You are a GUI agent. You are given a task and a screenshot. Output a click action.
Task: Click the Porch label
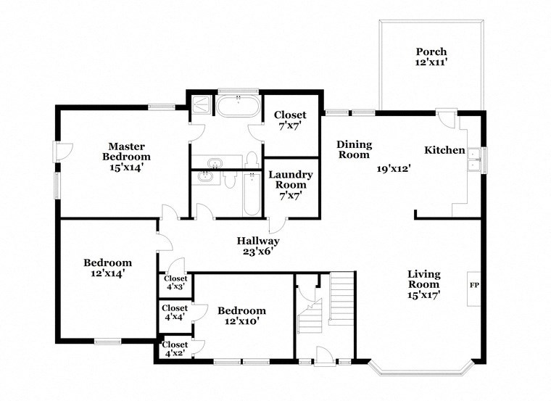[431, 57]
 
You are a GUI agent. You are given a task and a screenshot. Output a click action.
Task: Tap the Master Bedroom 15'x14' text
[126, 156]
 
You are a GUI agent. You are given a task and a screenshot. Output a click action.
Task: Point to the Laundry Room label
[291, 184]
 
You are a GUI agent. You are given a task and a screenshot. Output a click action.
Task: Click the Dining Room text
[353, 149]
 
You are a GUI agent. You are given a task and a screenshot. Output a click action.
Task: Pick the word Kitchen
[444, 150]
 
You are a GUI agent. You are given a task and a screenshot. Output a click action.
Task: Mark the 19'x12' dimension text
[394, 169]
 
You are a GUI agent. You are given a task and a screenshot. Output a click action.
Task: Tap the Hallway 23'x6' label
[258, 247]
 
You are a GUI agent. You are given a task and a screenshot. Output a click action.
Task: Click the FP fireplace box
[475, 284]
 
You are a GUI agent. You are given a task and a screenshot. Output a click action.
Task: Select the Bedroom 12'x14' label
[107, 268]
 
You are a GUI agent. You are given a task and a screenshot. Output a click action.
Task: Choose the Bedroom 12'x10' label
[241, 315]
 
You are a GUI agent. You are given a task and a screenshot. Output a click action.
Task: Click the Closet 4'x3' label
[175, 282]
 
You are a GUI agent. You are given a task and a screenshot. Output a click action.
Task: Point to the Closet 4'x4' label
[175, 313]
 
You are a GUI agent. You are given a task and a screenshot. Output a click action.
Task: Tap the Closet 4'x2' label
[175, 349]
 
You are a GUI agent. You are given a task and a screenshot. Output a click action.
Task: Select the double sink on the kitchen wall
[474, 159]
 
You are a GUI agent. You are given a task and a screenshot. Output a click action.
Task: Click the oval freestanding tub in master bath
[237, 106]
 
